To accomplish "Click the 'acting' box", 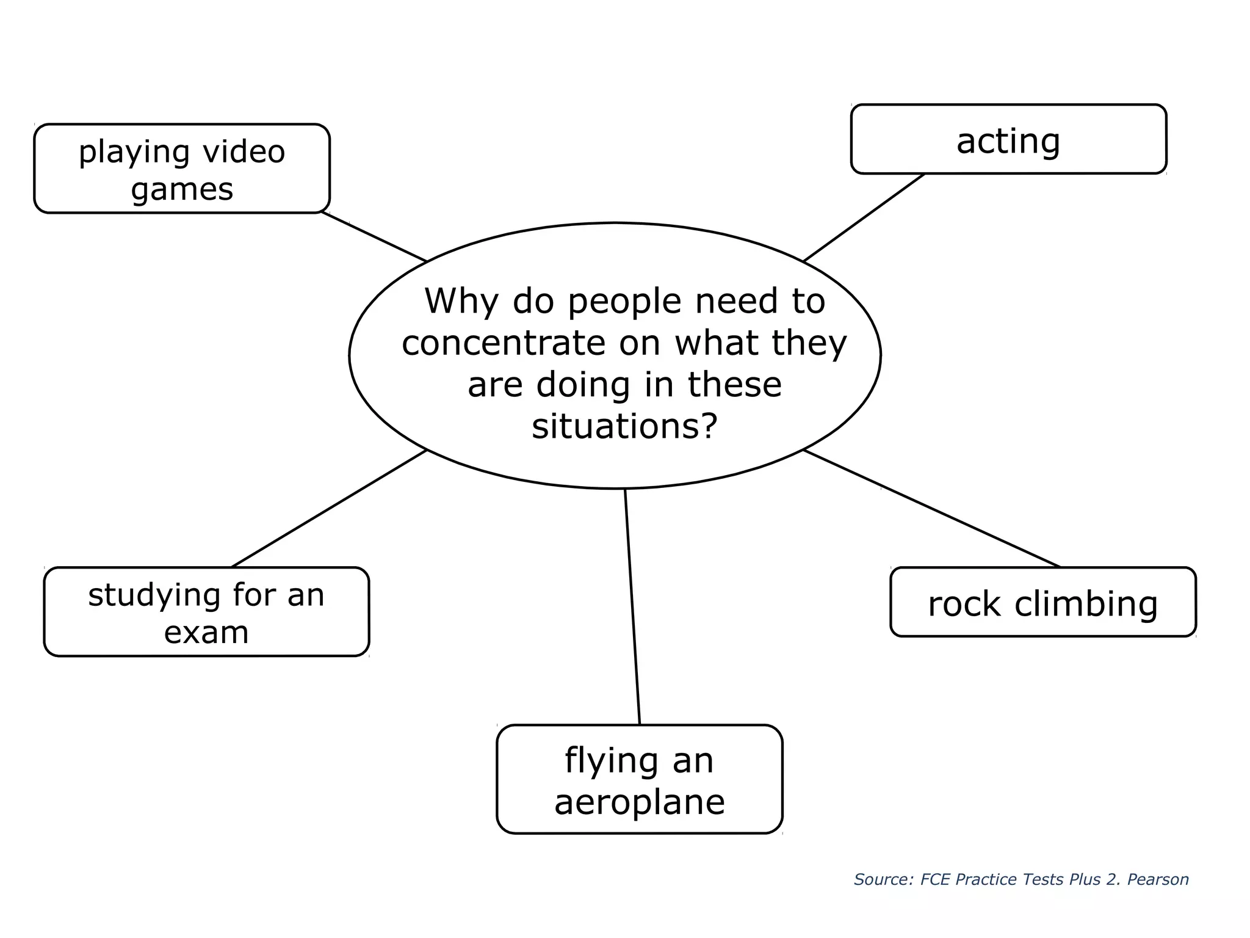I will tap(1008, 140).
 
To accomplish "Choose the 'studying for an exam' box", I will tap(206, 612).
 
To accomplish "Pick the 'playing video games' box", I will tap(182, 169).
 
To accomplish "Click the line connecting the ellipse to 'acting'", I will tap(864, 218).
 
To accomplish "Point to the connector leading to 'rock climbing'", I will tap(931, 509).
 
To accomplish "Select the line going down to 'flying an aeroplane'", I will tap(632, 606).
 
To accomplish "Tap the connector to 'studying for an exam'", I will tap(329, 509).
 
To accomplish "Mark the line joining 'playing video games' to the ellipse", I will tap(374, 237).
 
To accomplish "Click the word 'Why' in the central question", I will tap(461, 301).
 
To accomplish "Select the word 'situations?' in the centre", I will tap(624, 426).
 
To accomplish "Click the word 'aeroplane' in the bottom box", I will tap(639, 802).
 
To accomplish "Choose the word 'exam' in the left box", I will tap(206, 632).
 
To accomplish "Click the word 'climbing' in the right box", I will tap(1086, 605).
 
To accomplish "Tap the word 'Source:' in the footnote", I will tap(883, 879).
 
